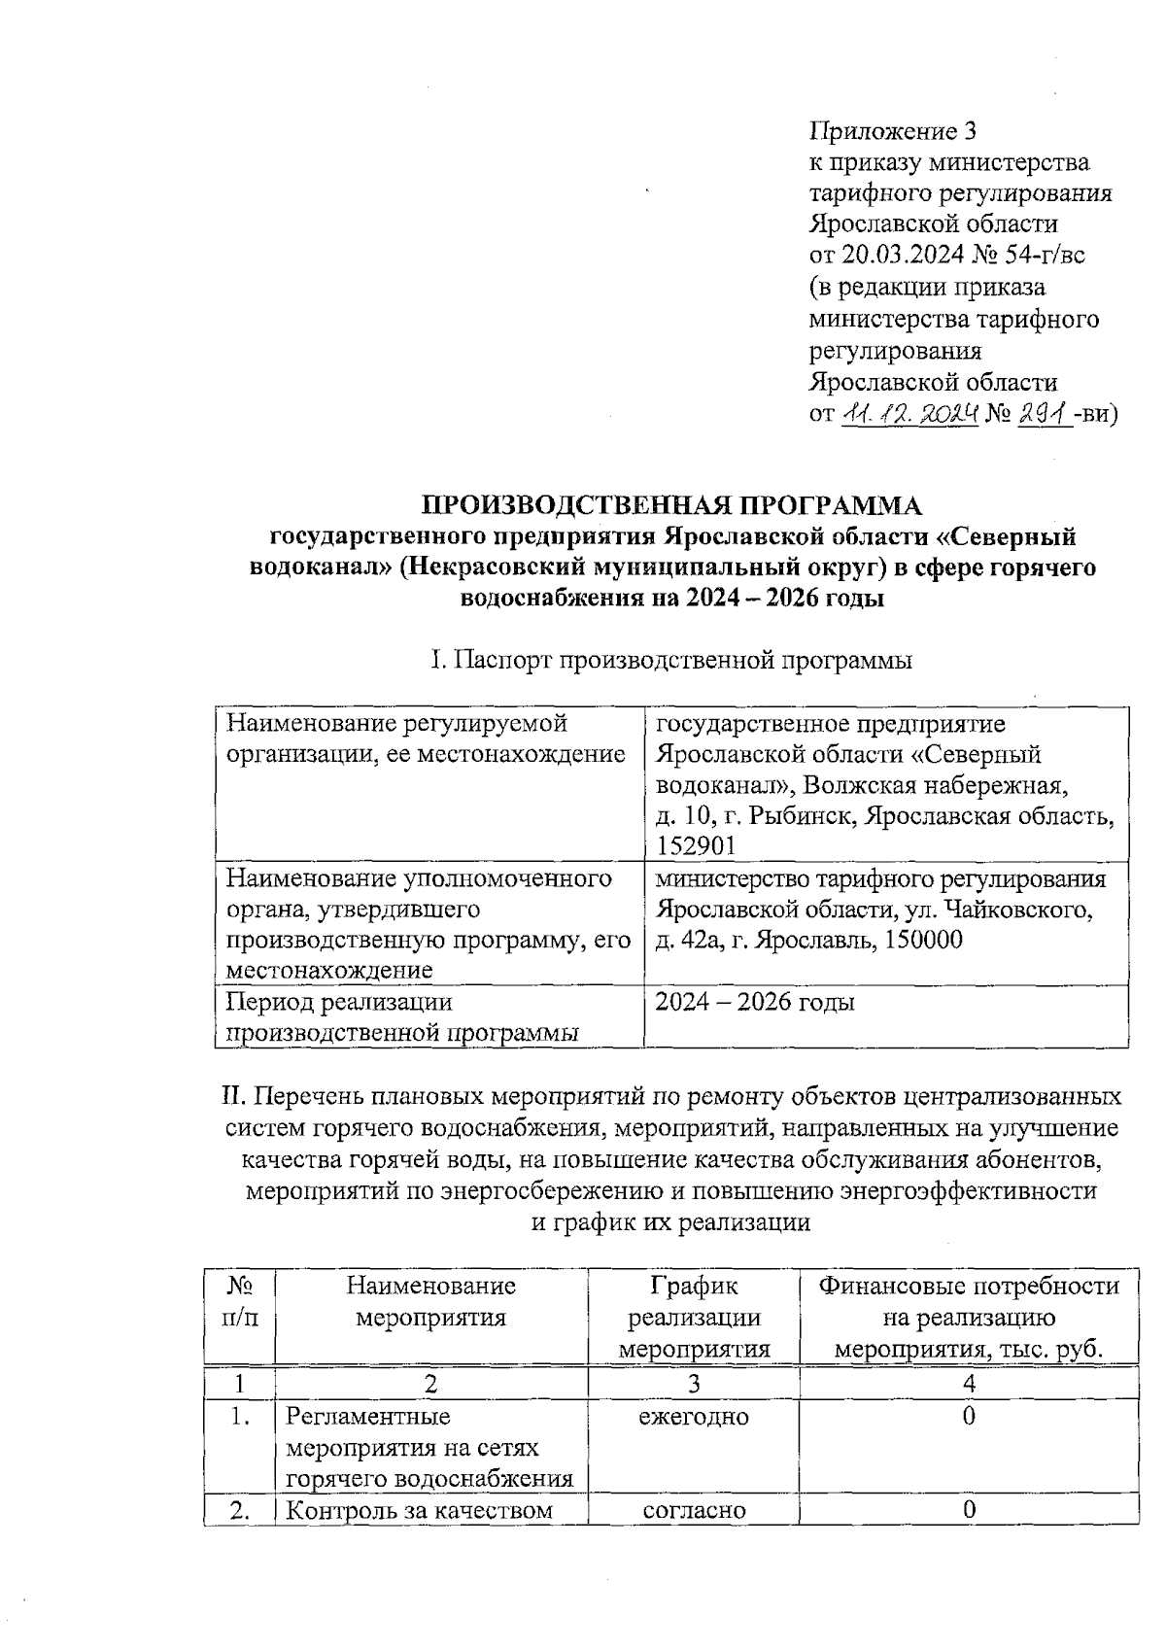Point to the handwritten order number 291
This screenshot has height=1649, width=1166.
[x=1044, y=415]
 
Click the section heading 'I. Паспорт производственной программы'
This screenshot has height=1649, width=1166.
[x=671, y=661]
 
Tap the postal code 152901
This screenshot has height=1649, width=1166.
[x=697, y=846]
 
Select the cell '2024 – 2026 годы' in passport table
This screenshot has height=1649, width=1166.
[x=755, y=1002]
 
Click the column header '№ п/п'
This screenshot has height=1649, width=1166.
[x=239, y=1302]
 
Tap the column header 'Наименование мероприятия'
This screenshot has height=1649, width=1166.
[x=430, y=1302]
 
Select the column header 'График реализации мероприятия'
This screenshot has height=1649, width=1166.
[x=694, y=1318]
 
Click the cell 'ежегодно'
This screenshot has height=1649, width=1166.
[x=694, y=1417]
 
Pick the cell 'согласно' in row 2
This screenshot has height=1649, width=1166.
[x=694, y=1510]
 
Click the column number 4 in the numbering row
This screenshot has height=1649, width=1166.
[x=969, y=1384]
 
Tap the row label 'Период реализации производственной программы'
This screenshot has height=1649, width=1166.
[x=401, y=1016]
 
